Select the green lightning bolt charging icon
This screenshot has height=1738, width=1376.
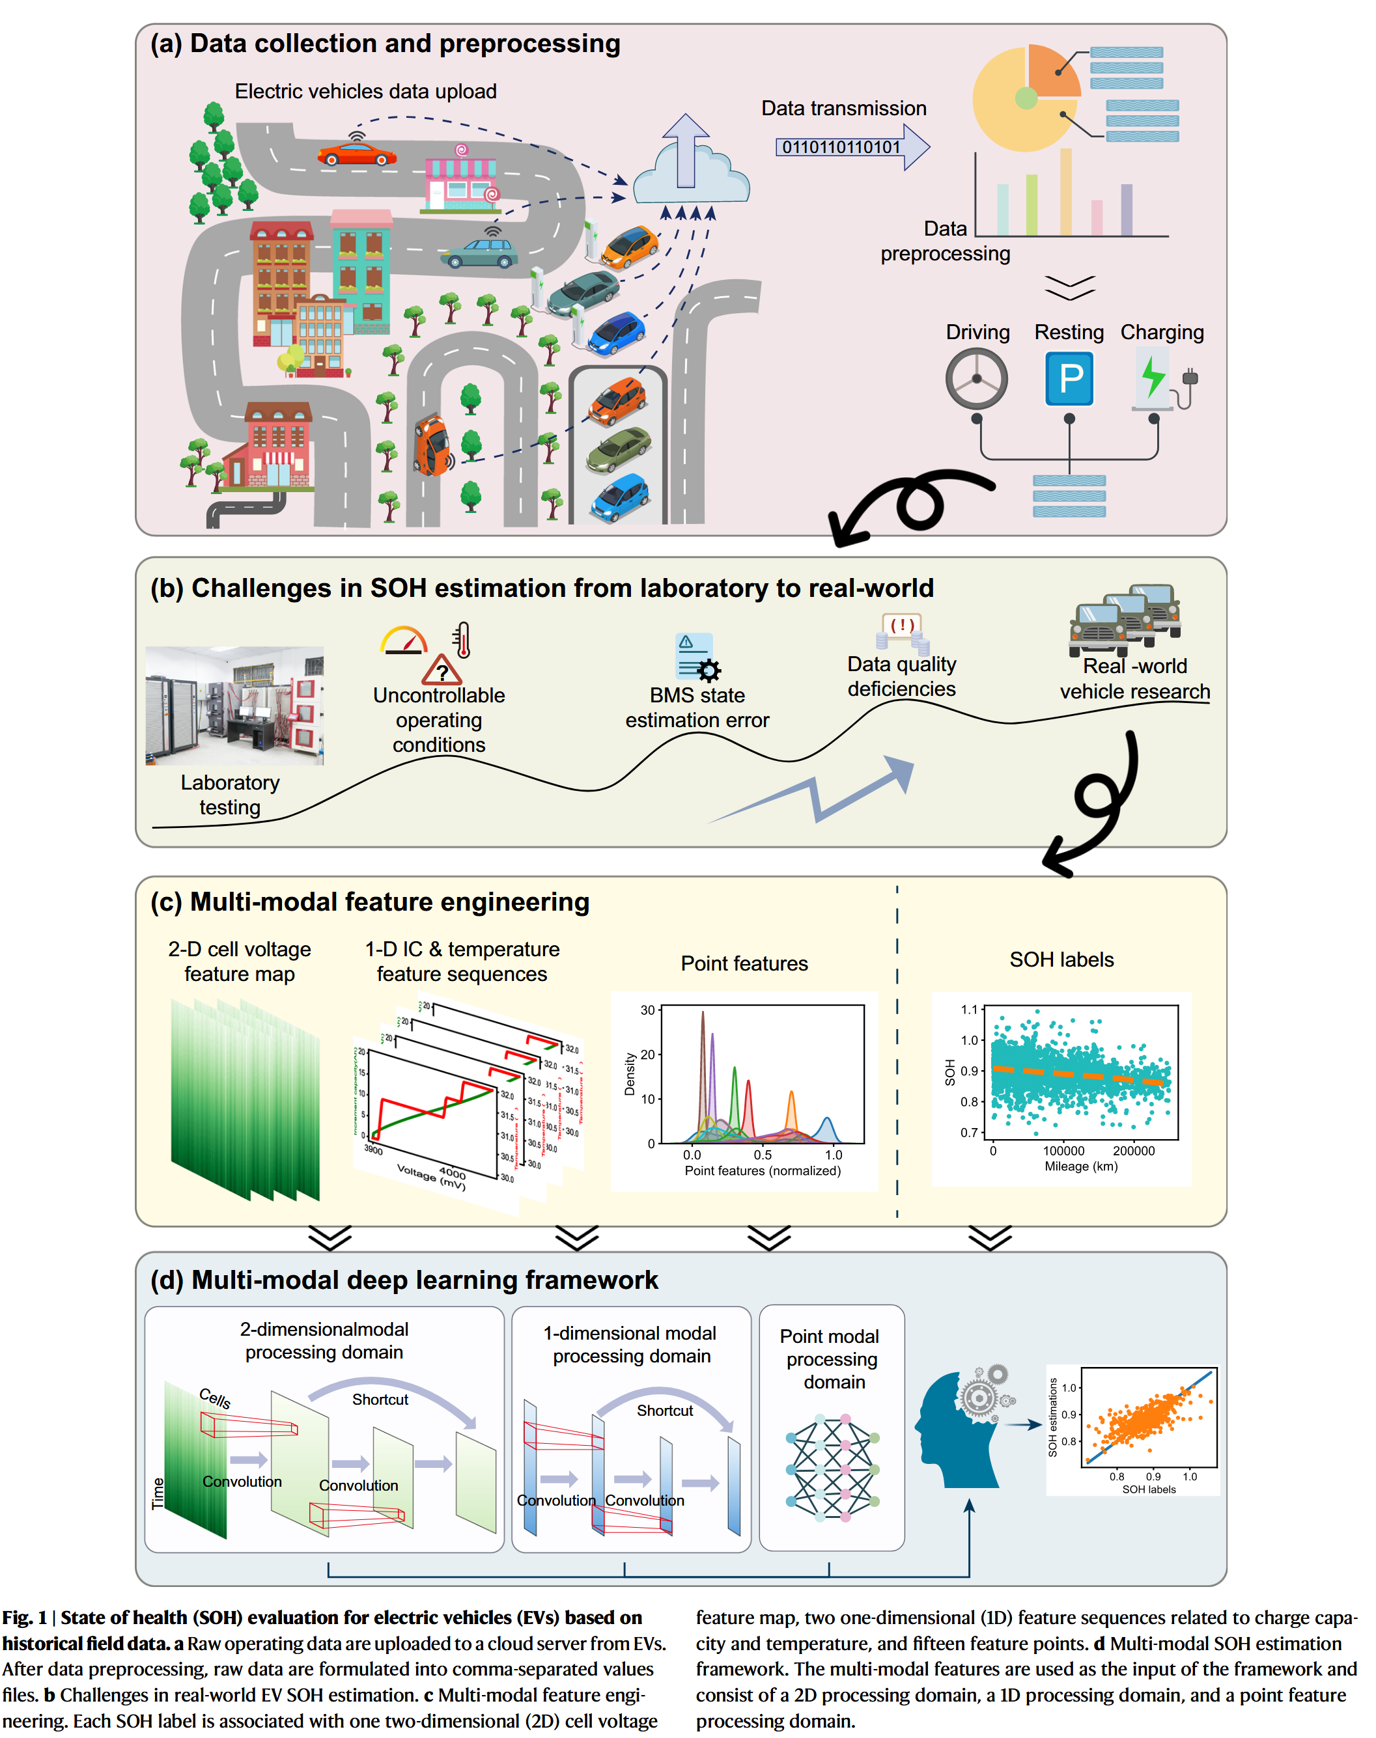[x=1154, y=376]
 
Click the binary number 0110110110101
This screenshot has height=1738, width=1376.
[x=840, y=146]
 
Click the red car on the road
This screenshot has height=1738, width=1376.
[x=356, y=153]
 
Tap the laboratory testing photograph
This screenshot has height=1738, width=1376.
[x=234, y=705]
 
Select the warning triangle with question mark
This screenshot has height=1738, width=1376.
[x=442, y=669]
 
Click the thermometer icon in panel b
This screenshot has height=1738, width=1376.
[x=462, y=641]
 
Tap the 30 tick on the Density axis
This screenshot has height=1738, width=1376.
[x=647, y=1010]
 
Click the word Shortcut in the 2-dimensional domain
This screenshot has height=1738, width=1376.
[x=380, y=1399]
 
